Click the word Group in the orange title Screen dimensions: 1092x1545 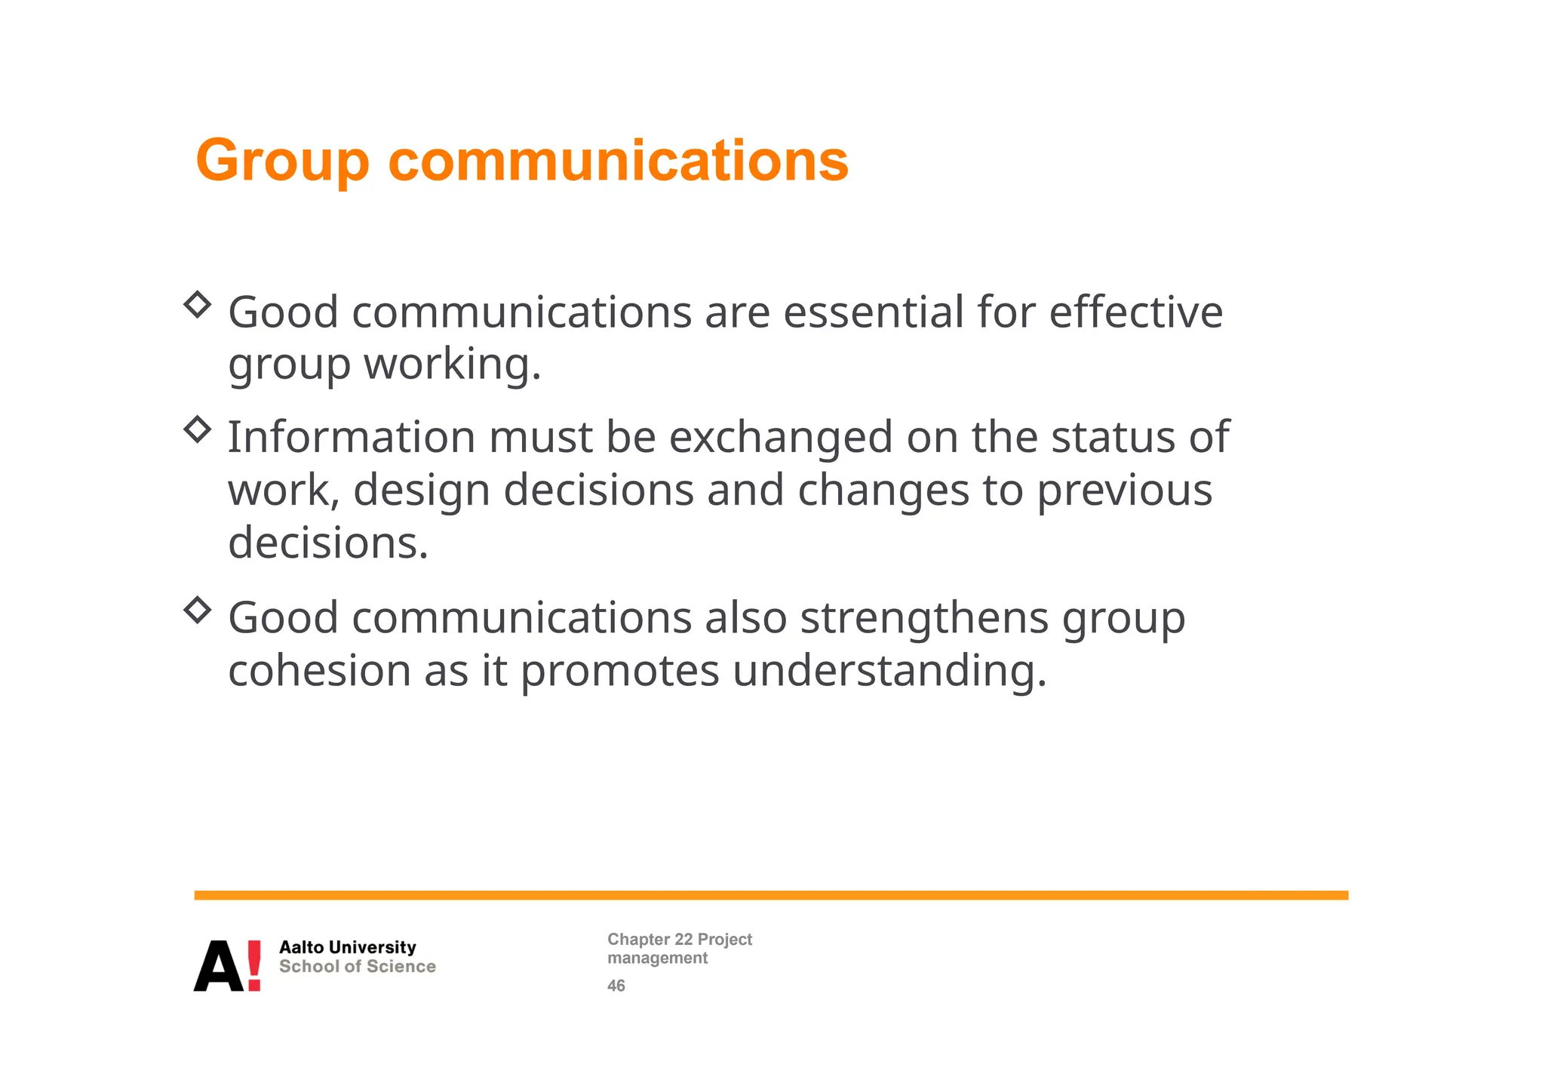coord(282,161)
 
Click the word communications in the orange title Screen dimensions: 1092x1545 coord(618,161)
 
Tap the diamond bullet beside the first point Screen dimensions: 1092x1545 coord(197,305)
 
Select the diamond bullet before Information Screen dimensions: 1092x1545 coord(197,429)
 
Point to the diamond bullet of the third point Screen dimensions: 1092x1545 coord(197,610)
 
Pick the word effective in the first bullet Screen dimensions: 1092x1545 coord(1135,312)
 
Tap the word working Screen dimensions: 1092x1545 coord(453,365)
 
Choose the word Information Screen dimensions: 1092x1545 coord(352,438)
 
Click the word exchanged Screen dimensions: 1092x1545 coord(781,438)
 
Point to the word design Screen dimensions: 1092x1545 coord(422,491)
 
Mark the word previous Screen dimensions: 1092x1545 coord(1124,491)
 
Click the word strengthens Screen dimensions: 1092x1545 coord(924,619)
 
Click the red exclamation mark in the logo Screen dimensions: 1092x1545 coord(254,965)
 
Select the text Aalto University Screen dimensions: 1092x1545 coord(348,947)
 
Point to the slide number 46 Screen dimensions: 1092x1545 coord(616,986)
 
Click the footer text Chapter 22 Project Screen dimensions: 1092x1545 coord(680,940)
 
